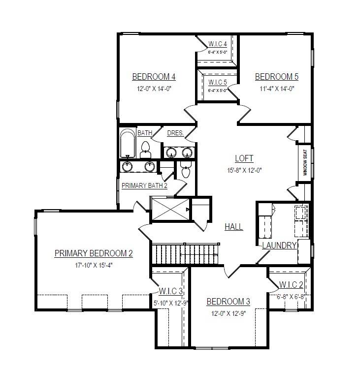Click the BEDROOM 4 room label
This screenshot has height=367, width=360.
154,77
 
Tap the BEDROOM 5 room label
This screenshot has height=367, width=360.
276,77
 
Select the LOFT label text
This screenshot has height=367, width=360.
244,158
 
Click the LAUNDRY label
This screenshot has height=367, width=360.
279,245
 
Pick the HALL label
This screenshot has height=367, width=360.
234,227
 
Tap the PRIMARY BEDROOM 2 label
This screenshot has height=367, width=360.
94,253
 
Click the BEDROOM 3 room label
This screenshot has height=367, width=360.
228,302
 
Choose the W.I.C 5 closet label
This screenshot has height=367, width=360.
218,82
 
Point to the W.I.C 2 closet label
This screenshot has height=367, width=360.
291,285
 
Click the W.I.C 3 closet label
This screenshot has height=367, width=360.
171,291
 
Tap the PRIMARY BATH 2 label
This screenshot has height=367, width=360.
145,185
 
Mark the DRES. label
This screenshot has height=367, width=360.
175,133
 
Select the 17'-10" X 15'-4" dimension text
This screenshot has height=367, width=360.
94,265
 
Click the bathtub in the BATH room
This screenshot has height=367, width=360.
128,144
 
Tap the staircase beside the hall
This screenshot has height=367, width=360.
185,254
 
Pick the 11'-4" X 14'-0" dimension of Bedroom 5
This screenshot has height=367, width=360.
276,89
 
